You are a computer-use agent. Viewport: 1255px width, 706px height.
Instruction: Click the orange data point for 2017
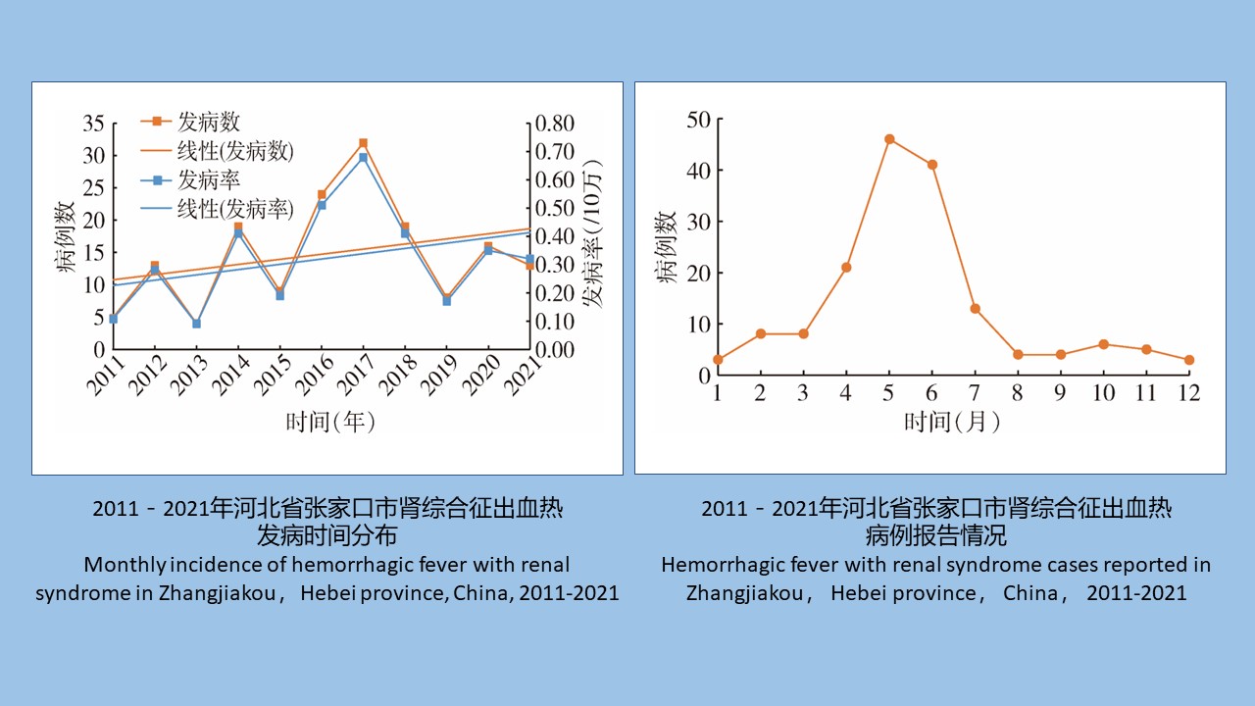click(x=363, y=143)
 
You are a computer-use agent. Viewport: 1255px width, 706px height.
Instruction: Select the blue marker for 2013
click(x=196, y=323)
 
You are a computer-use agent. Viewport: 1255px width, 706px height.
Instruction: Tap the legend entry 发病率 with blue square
click(x=208, y=180)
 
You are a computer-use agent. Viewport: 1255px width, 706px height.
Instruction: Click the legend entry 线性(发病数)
click(x=234, y=151)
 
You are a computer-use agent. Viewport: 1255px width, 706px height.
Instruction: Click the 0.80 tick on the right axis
click(x=554, y=124)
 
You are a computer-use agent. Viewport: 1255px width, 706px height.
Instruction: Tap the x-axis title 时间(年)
click(x=330, y=422)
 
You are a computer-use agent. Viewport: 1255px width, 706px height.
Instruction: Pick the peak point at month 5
click(x=889, y=139)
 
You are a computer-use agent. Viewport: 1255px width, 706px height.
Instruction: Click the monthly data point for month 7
click(x=975, y=308)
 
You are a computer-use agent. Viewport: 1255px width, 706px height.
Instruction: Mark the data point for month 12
click(x=1189, y=360)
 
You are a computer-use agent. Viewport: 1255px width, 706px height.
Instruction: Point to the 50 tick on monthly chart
click(x=699, y=120)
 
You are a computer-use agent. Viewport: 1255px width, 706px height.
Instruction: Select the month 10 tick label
click(x=1103, y=393)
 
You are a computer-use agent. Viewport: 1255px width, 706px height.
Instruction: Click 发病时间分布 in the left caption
click(x=327, y=536)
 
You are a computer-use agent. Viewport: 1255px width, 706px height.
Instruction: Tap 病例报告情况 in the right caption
click(x=935, y=536)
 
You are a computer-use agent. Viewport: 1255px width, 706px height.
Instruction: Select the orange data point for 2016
click(x=322, y=195)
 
